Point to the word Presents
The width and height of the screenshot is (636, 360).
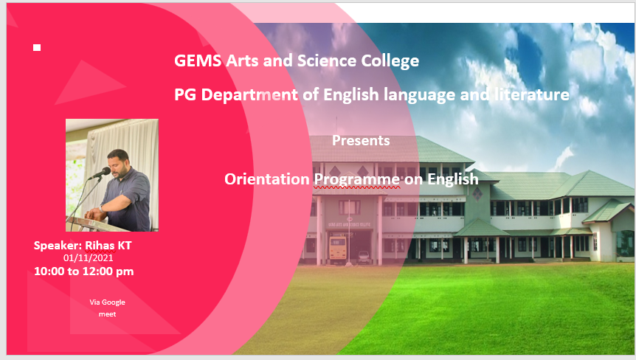pos(361,140)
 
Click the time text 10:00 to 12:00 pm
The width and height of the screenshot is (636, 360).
pos(84,271)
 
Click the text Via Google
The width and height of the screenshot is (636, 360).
pos(108,302)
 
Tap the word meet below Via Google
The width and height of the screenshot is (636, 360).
pos(108,314)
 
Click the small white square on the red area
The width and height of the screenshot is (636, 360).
pos(37,48)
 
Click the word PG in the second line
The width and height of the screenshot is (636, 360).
pos(184,95)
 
